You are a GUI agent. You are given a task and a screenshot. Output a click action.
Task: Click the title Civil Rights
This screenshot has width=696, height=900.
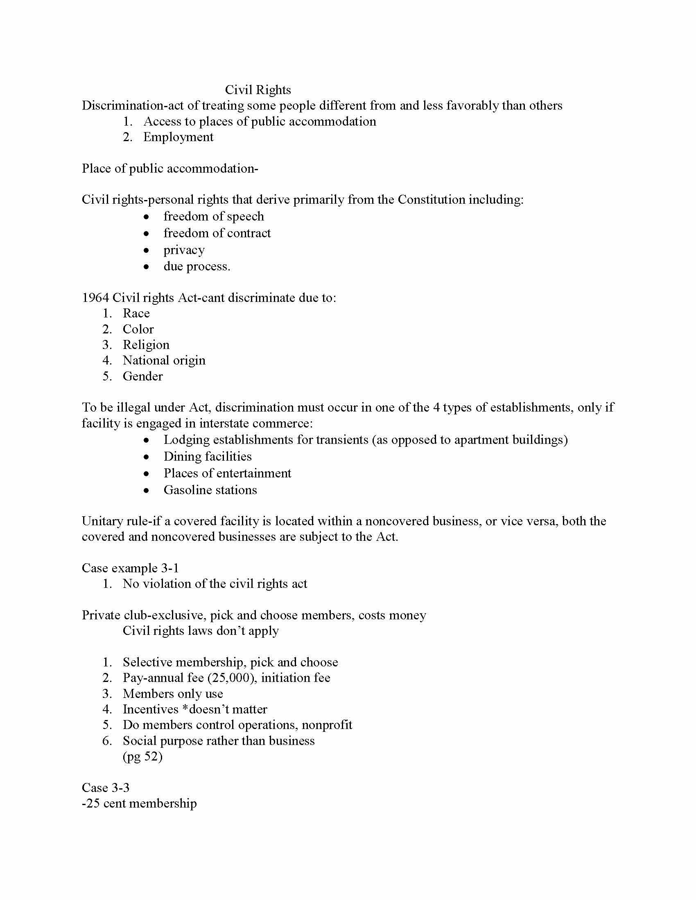258,90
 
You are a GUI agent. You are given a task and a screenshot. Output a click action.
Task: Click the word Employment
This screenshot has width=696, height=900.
178,137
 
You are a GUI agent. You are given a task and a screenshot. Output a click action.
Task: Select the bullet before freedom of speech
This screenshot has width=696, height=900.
146,217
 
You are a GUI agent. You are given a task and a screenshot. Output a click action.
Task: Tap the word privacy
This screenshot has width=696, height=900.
184,250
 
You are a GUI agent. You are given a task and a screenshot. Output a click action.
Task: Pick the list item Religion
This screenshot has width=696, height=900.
146,345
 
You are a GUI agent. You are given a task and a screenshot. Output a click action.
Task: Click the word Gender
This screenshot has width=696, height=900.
142,376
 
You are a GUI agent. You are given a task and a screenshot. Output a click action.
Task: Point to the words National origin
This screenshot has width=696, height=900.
164,360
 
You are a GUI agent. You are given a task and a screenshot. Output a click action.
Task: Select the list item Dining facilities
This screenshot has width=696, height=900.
208,457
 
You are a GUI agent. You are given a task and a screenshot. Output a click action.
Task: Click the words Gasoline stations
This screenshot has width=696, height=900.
210,490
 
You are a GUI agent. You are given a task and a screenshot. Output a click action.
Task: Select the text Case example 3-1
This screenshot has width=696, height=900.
130,568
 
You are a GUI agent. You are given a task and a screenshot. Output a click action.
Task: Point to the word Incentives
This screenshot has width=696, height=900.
151,709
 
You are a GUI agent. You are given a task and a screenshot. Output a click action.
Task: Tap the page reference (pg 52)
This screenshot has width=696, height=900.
142,756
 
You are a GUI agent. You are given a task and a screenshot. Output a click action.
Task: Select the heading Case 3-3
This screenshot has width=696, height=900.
106,788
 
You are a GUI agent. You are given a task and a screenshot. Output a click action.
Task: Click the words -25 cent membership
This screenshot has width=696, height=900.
139,803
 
